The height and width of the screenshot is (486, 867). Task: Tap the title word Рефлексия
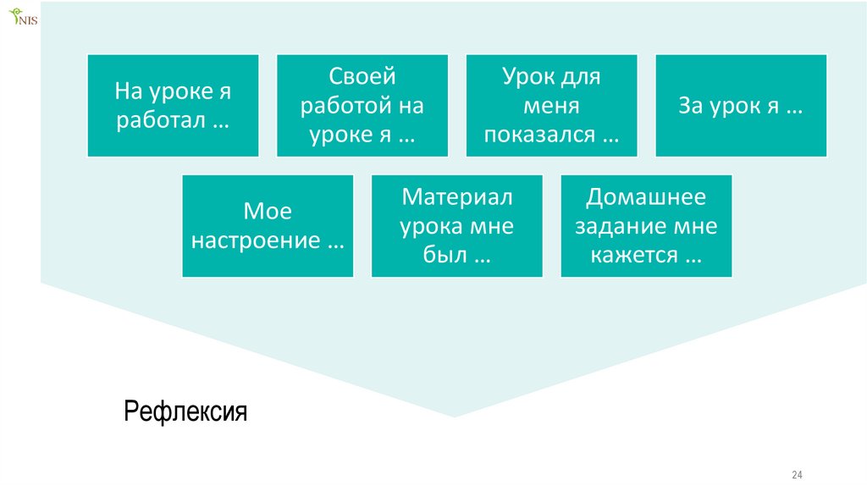pyautogui.click(x=185, y=412)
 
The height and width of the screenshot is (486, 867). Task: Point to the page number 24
pyautogui.click(x=797, y=472)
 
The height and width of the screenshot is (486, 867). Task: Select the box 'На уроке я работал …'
pyautogui.click(x=173, y=106)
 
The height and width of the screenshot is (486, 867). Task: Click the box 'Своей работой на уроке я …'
pyautogui.click(x=362, y=106)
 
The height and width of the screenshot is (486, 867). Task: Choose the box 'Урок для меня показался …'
pyautogui.click(x=551, y=106)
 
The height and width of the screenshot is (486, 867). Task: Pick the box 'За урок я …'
pyautogui.click(x=741, y=106)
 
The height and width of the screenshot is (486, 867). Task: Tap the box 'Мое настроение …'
pyautogui.click(x=268, y=226)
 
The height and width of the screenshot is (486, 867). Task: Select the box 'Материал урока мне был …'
pyautogui.click(x=457, y=226)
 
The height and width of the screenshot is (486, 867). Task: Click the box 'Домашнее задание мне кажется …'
pyautogui.click(x=646, y=226)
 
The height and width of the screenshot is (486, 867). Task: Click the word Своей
pyautogui.click(x=362, y=77)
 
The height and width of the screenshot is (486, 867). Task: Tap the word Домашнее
pyautogui.click(x=646, y=197)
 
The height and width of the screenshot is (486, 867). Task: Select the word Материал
pyautogui.click(x=457, y=197)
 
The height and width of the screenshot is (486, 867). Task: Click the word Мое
pyautogui.click(x=268, y=212)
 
